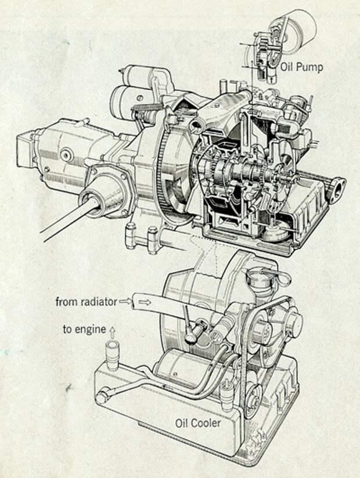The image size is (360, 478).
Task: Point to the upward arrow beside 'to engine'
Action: pos(112,330)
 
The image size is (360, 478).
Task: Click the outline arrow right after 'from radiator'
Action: pos(126,302)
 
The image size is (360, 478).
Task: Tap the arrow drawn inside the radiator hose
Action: pos(149,302)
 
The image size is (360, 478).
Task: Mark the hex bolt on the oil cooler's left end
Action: pos(102,399)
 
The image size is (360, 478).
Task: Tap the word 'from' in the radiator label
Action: pos(66,302)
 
